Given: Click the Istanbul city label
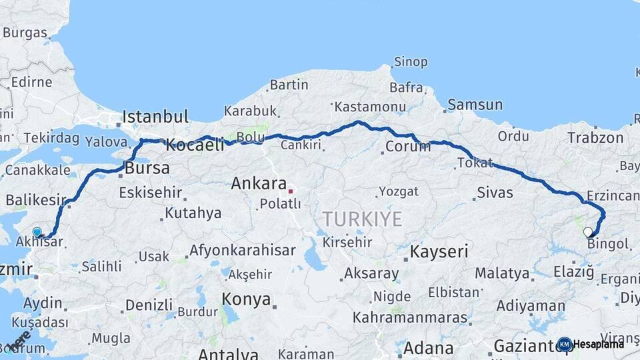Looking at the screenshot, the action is (x=155, y=117).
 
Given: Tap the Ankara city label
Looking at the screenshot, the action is (x=259, y=183).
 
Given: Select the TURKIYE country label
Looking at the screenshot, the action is (x=363, y=218).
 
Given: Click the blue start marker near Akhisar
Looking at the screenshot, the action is (x=37, y=232).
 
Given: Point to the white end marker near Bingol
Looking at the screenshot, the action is (x=587, y=232).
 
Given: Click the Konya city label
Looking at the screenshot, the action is (x=246, y=298).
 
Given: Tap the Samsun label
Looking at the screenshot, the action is (x=475, y=105).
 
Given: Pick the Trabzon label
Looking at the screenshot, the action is (x=595, y=138).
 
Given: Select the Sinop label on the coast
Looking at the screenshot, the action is (x=410, y=62).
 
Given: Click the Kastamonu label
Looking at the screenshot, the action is (x=370, y=107).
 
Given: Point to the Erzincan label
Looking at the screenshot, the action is (x=613, y=196).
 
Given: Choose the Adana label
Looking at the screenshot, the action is (x=429, y=347).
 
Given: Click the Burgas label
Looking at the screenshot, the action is (x=25, y=33).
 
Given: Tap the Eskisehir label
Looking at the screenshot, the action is (x=150, y=193).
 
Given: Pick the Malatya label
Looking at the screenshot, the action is (x=503, y=273).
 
